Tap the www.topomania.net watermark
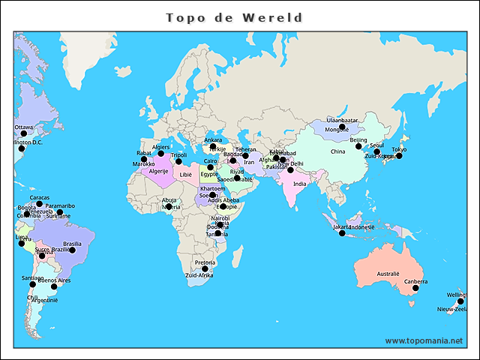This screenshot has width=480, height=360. click(x=423, y=340)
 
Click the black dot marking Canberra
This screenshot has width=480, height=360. click(x=415, y=288)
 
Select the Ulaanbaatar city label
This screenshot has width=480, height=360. click(x=342, y=120)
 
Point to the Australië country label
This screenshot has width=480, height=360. click(x=388, y=274)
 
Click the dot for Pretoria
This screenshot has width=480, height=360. click(x=205, y=268)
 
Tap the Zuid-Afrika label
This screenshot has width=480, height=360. click(x=199, y=276)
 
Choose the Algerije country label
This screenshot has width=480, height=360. click(x=158, y=171)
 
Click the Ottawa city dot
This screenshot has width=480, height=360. click(x=22, y=133)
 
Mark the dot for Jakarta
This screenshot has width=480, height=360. click(x=342, y=233)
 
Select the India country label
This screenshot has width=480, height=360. click(x=299, y=184)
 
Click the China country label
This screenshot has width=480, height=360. click(x=337, y=151)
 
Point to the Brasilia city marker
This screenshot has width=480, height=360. click(x=73, y=250)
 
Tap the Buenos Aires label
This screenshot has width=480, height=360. click(x=54, y=280)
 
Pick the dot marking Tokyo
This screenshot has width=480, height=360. click(x=399, y=156)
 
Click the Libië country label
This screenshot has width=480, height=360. click(x=185, y=175)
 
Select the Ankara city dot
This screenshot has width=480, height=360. click(x=213, y=146)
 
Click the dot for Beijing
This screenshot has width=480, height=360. click(x=358, y=146)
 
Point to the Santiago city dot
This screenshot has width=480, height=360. click(x=32, y=284)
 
